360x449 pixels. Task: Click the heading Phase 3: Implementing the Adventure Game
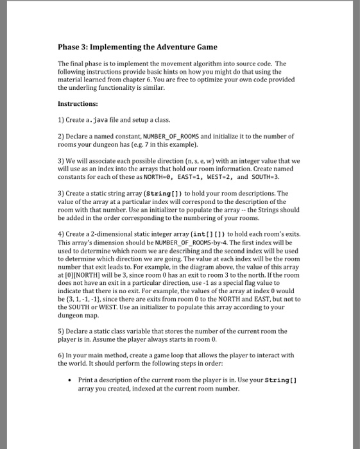[x=137, y=47]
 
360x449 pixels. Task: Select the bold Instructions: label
[x=78, y=103]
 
